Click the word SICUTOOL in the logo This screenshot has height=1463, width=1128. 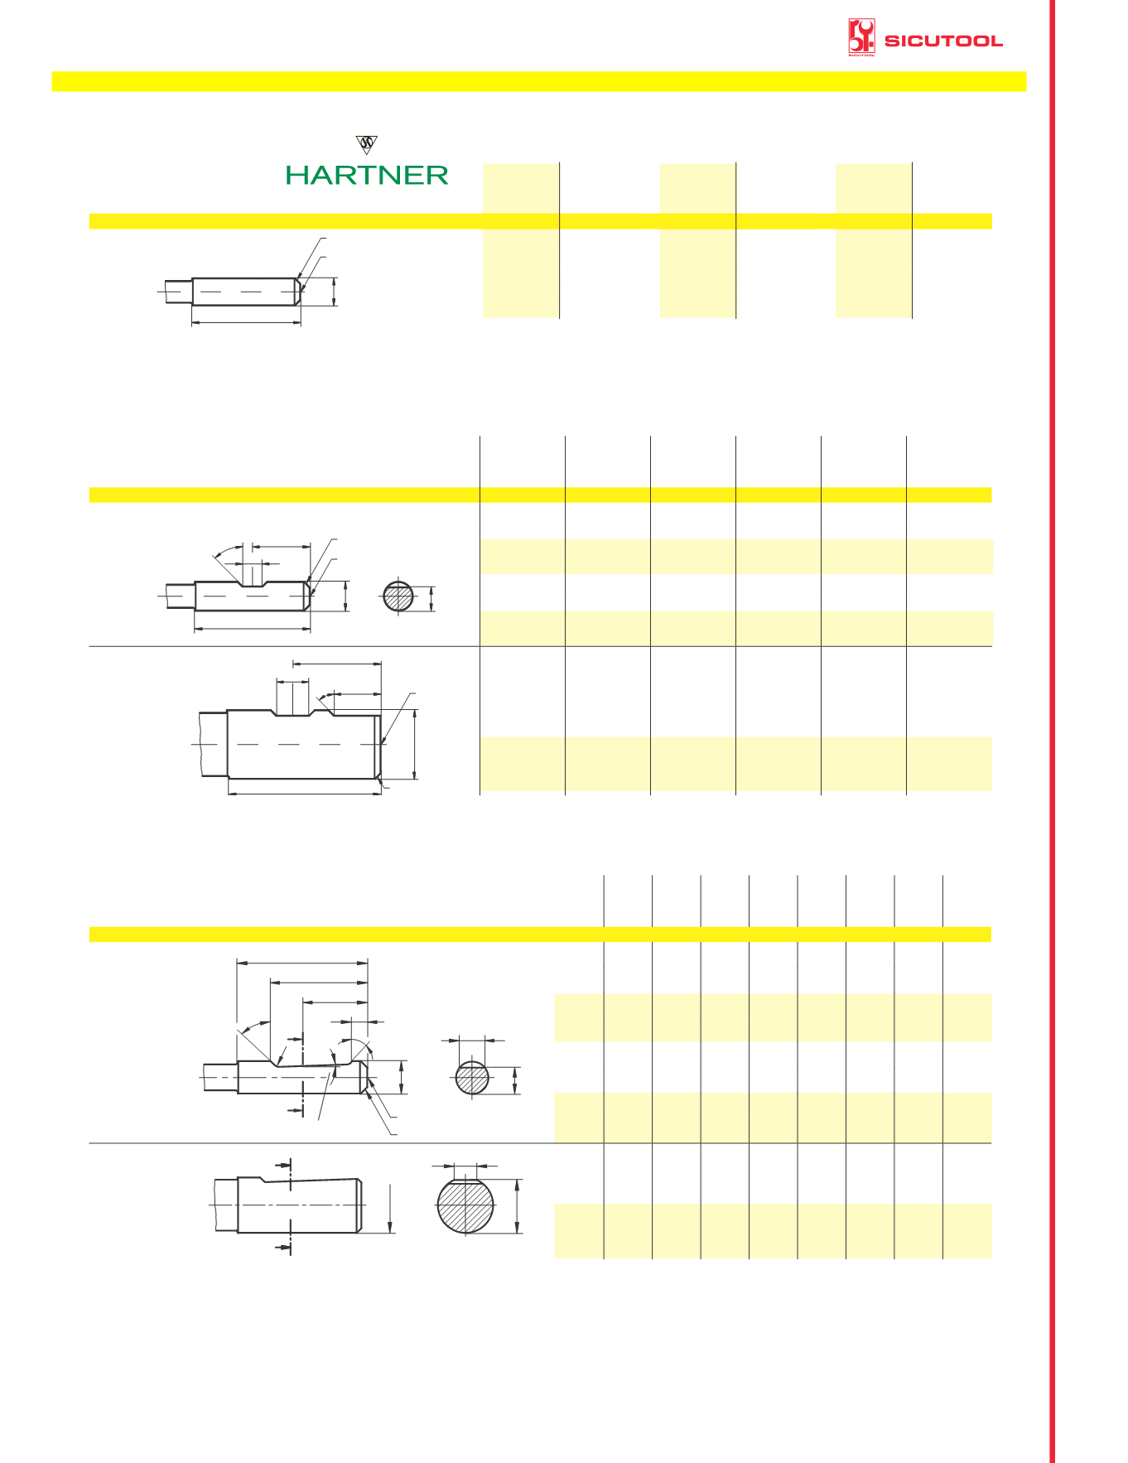(x=943, y=41)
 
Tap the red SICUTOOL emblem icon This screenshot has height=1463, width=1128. (x=861, y=37)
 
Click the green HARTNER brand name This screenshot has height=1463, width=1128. (x=367, y=175)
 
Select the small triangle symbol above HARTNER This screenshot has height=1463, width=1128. (x=367, y=144)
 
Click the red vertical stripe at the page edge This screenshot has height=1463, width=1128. (x=1052, y=731)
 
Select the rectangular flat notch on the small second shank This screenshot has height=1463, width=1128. (x=252, y=582)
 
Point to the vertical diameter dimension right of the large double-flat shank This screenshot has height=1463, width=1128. (x=415, y=744)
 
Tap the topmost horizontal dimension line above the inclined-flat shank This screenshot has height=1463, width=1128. (x=302, y=963)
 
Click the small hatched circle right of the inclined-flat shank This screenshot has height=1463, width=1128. (x=472, y=1078)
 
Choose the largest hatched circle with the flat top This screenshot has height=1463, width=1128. (x=465, y=1205)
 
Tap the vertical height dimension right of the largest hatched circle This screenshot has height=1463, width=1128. (x=518, y=1206)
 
